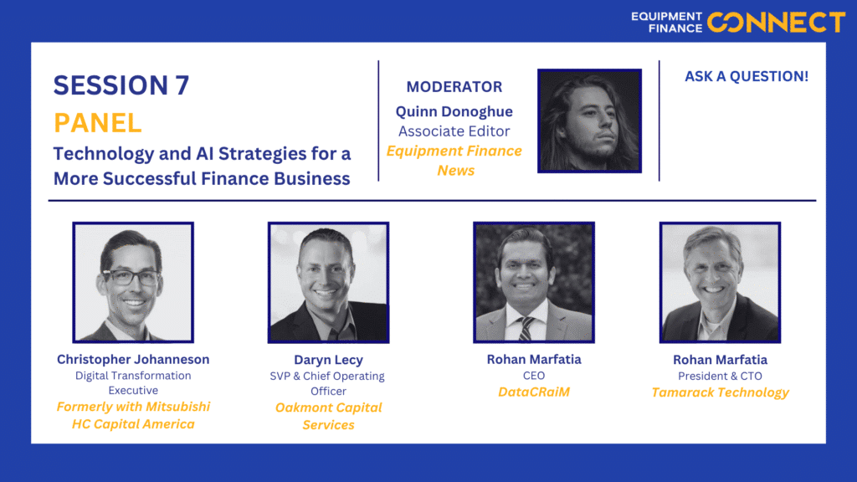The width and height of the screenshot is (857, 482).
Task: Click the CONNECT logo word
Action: pos(776,23)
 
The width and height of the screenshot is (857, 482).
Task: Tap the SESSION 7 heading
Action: pos(121,85)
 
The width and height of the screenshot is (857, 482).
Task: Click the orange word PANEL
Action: pos(98,122)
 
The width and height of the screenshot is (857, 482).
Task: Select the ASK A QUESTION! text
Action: pos(747,76)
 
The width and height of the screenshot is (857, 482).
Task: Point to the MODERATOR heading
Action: pos(454,87)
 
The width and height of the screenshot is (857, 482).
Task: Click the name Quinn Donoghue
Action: pos(454,111)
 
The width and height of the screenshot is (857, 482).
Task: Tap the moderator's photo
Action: pos(589,120)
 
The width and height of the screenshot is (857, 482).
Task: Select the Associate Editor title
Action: pos(454,131)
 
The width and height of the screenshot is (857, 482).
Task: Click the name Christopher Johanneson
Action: pos(133,360)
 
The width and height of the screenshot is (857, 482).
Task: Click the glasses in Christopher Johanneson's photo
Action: pos(131,277)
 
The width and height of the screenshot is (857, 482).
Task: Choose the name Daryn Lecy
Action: pos(328,360)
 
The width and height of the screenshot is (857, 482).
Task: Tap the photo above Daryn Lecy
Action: pos(328,283)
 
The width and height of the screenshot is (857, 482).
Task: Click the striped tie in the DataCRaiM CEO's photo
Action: pos(526,329)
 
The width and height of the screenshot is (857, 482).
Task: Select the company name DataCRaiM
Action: pos(534,392)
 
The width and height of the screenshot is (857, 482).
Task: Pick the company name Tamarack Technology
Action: pos(721,393)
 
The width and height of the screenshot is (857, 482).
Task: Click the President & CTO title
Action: pos(721,376)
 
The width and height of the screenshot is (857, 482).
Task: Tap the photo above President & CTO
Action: pos(721,283)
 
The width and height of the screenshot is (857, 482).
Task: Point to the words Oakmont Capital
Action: pos(328,408)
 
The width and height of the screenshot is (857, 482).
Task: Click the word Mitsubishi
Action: pos(178,408)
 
